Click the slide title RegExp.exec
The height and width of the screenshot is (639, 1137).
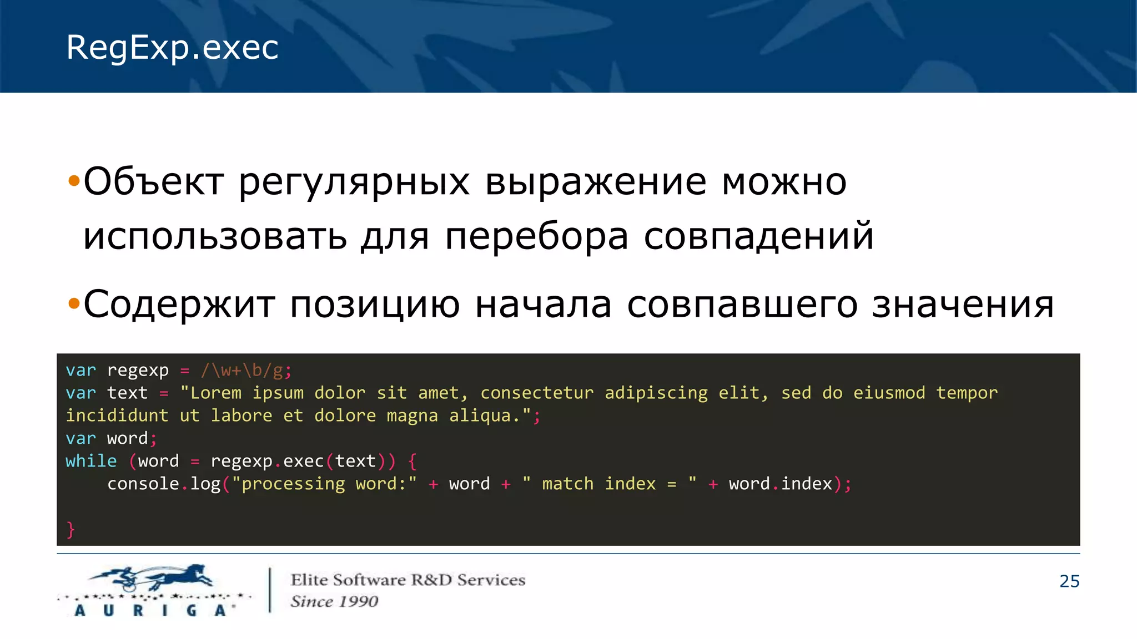pyautogui.click(x=172, y=48)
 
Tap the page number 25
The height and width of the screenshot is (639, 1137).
pyautogui.click(x=1069, y=581)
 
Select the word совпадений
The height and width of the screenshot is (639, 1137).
pyautogui.click(x=758, y=236)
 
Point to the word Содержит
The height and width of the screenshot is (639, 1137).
pyautogui.click(x=179, y=304)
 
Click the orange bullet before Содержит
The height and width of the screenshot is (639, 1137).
pyautogui.click(x=73, y=304)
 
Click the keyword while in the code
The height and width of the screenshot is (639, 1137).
pyautogui.click(x=91, y=461)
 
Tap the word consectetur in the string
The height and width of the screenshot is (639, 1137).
pyautogui.click(x=536, y=393)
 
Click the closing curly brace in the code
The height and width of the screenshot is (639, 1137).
pyautogui.click(x=71, y=530)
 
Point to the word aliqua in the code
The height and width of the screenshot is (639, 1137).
pyautogui.click(x=480, y=415)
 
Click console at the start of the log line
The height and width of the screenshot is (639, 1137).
pyautogui.click(x=143, y=484)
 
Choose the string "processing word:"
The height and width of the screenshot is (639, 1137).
pyautogui.click(x=324, y=484)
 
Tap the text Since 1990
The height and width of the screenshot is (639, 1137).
pyautogui.click(x=334, y=601)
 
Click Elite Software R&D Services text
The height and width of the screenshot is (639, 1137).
pyautogui.click(x=407, y=580)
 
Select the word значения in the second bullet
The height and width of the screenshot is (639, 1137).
pyautogui.click(x=963, y=304)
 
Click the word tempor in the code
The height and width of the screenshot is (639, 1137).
pyautogui.click(x=967, y=393)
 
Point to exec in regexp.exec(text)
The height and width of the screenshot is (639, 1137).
pyautogui.click(x=303, y=461)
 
